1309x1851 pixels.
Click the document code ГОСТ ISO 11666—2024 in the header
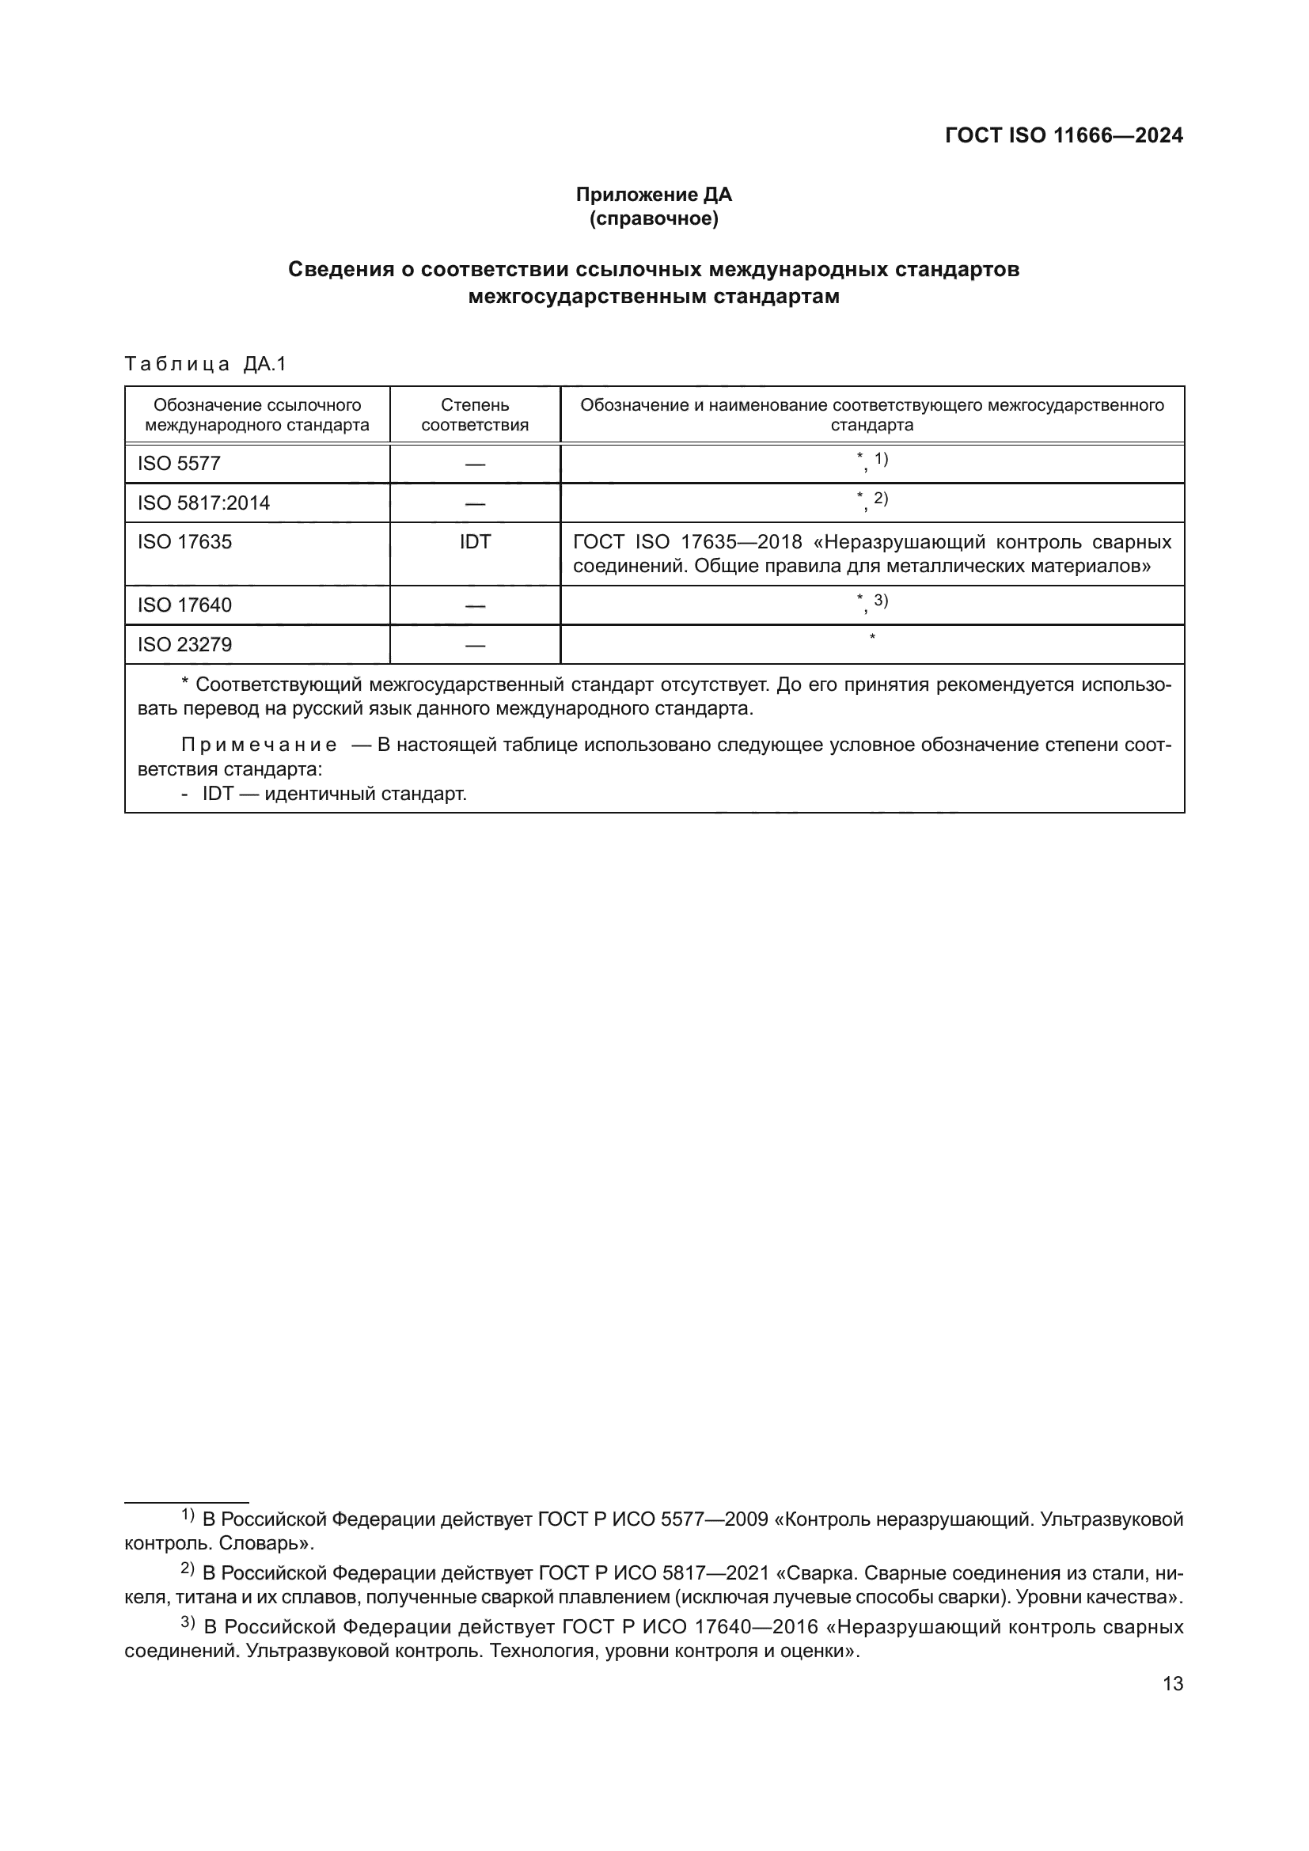point(1063,135)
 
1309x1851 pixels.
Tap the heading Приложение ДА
point(654,195)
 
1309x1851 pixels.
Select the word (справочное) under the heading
point(654,218)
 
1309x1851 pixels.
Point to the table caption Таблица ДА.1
point(206,364)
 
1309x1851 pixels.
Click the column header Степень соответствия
point(475,415)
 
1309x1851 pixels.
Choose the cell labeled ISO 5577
point(179,464)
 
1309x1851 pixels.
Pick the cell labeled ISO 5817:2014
point(204,503)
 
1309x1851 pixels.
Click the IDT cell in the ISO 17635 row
point(475,542)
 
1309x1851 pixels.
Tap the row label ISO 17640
point(184,605)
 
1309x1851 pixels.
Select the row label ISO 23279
point(184,644)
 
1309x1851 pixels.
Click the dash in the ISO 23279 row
point(475,645)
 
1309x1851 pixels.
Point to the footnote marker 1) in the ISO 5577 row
point(881,460)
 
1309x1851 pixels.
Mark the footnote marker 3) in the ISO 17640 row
point(881,601)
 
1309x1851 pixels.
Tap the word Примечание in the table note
point(259,744)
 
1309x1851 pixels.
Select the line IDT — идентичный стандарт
point(334,793)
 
